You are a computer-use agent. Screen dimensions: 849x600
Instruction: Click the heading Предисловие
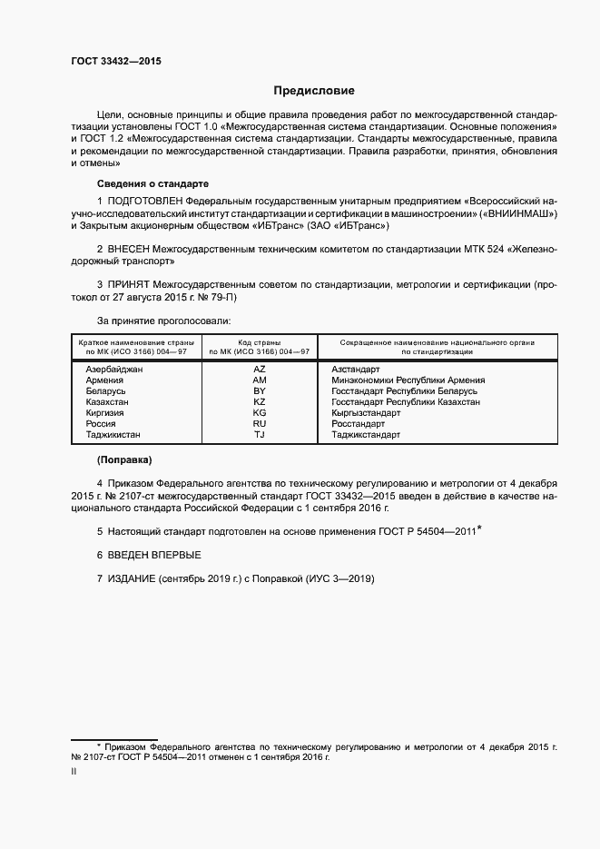pos(315,91)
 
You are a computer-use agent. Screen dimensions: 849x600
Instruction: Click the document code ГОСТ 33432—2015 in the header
pos(116,61)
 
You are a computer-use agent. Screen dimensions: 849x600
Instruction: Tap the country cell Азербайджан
pos(114,370)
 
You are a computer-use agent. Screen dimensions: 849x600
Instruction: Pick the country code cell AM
pos(260,380)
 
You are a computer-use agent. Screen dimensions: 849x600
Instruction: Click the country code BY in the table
pos(260,391)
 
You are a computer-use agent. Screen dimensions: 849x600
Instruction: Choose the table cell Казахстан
pos(107,402)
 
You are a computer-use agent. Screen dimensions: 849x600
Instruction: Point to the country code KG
pos(260,413)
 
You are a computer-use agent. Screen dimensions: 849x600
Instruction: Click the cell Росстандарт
pos(359,424)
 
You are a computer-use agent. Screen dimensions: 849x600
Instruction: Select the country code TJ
pos(260,435)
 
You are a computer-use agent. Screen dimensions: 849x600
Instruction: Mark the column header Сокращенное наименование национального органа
pos(437,342)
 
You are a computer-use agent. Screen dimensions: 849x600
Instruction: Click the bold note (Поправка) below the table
pos(124,459)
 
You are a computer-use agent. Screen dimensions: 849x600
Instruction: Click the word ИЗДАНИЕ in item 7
pos(132,578)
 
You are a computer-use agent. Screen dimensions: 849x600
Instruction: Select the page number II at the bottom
pos(74,772)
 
